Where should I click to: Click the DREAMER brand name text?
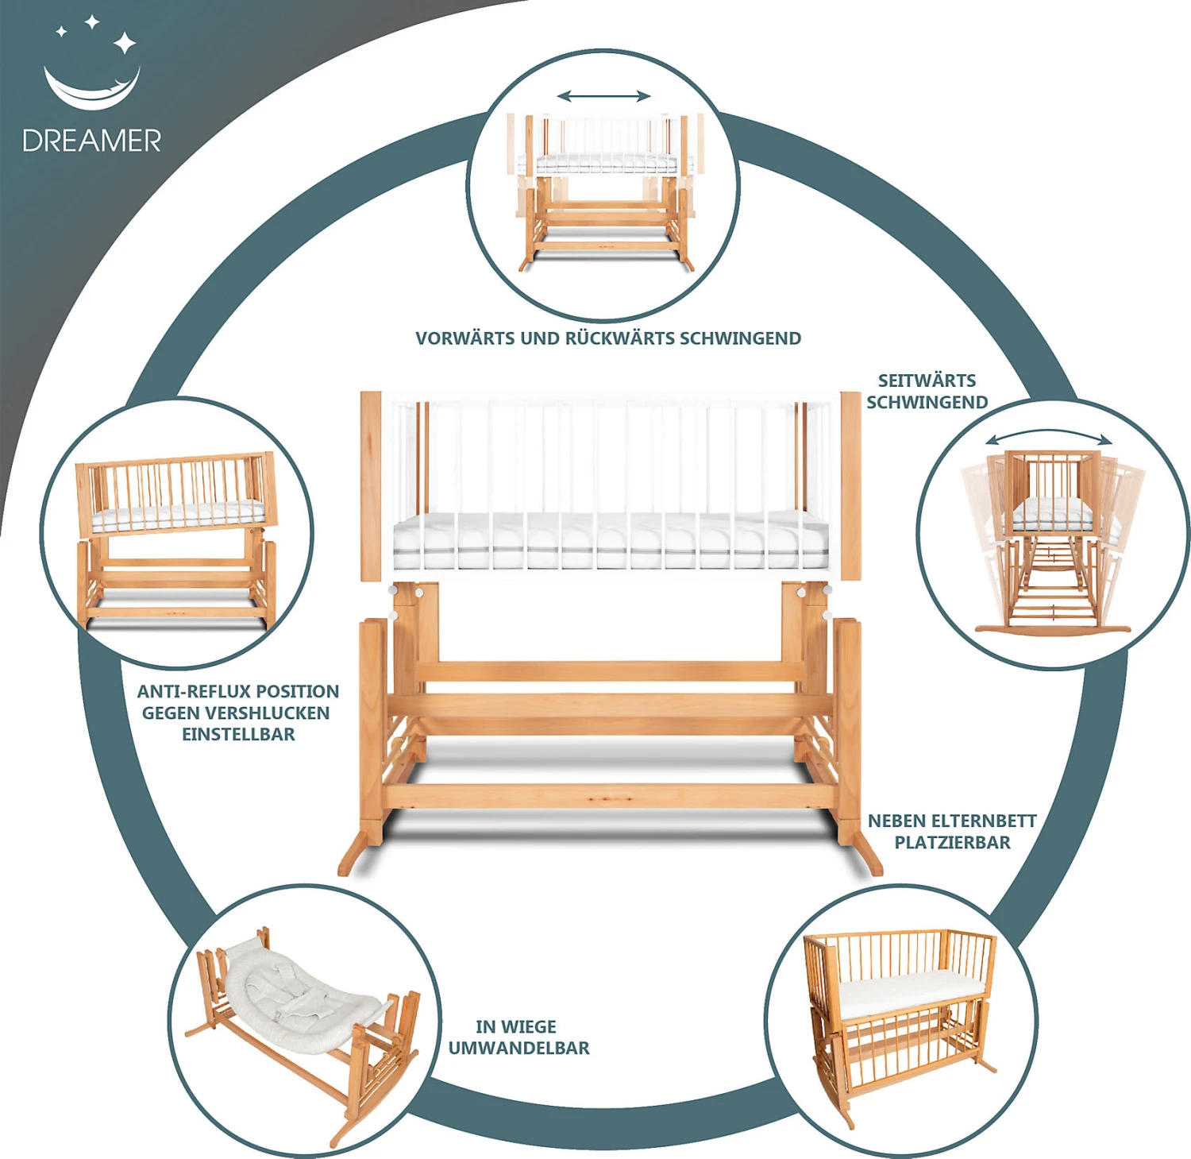pos(91,141)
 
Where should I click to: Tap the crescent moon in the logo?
pos(91,91)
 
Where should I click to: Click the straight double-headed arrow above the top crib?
pos(603,97)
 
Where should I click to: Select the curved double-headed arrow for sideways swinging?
pos(1049,436)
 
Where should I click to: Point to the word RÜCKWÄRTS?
pos(619,338)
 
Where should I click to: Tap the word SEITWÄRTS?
pos(927,380)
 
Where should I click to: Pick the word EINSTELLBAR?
pos(238,734)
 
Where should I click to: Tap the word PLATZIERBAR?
pos(953,842)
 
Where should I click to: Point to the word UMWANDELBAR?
pos(519,1048)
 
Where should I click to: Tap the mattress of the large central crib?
pos(610,540)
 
